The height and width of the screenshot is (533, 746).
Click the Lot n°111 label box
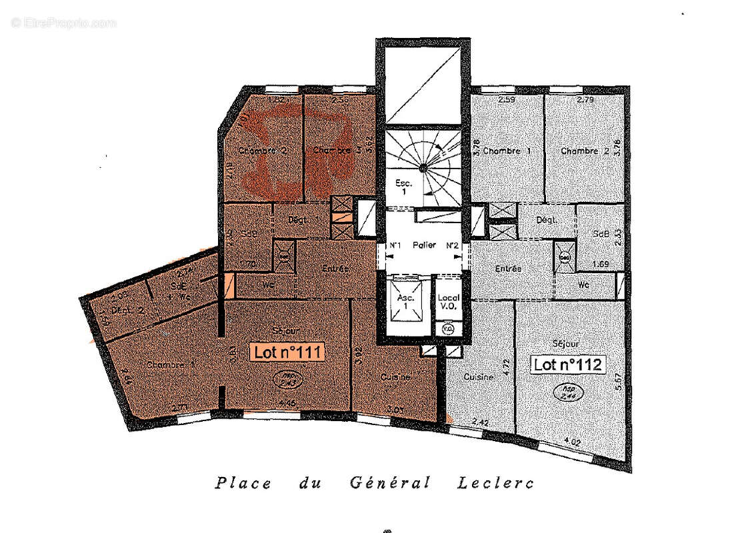(287, 352)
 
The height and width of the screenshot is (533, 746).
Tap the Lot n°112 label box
(568, 364)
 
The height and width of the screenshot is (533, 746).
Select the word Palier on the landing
(424, 245)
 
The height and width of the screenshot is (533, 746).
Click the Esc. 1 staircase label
(404, 186)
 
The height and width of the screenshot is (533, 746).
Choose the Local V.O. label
(446, 302)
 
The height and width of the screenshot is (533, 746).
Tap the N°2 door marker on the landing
(453, 246)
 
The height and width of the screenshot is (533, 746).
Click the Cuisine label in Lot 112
(479, 376)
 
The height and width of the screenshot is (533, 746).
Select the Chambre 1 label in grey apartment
(507, 151)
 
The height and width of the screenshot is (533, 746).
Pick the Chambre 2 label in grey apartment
(585, 151)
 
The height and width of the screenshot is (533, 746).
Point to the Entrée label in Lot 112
(508, 268)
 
